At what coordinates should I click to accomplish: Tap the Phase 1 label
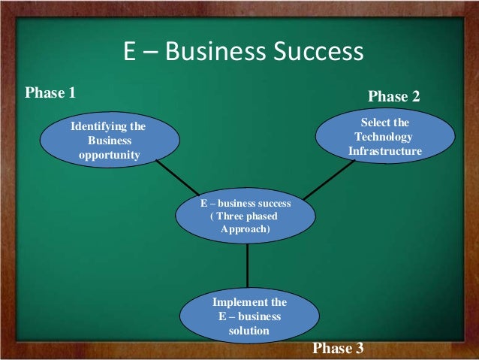click(x=50, y=93)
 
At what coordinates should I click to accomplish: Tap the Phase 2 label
click(x=393, y=96)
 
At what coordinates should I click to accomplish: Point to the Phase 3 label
click(x=337, y=348)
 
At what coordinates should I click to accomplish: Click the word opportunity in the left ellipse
click(x=109, y=155)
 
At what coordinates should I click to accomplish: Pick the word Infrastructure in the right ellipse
click(x=384, y=151)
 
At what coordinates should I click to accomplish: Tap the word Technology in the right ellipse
click(x=384, y=137)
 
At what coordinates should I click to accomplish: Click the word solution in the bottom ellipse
click(x=249, y=329)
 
